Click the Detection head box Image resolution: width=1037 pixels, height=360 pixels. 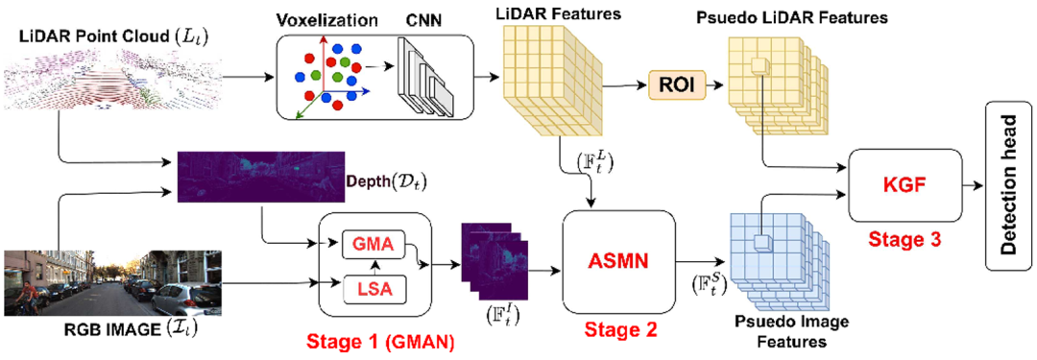pyautogui.click(x=1008, y=184)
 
